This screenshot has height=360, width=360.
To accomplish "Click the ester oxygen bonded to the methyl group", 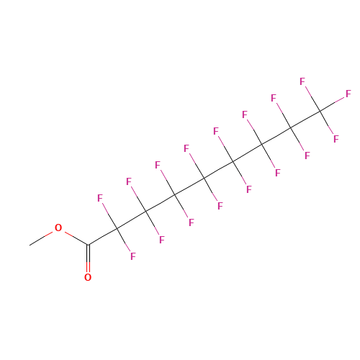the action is (x=58, y=228).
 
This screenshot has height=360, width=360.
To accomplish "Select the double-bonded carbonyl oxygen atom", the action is (x=88, y=277).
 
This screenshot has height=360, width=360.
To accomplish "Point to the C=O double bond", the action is (x=88, y=258).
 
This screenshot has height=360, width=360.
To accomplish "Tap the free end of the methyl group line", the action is (x=30, y=245).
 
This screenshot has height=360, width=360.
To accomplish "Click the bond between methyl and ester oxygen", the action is (x=41, y=238).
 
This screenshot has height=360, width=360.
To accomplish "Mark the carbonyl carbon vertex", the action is (x=88, y=245).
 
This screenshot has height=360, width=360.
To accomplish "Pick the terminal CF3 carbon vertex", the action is (x=320, y=111).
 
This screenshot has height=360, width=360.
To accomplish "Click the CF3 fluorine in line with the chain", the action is (x=348, y=94).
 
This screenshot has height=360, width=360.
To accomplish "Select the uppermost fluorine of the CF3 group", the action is (x=302, y=81).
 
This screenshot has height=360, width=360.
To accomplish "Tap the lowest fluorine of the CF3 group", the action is (x=336, y=139).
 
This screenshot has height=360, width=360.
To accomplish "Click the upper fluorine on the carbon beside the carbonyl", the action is (x=100, y=198).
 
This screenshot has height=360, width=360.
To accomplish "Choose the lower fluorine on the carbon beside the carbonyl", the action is (x=133, y=256).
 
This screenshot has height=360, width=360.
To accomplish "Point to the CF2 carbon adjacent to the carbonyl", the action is (x=117, y=228).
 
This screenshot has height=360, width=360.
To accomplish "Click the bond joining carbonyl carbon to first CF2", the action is (x=102, y=237).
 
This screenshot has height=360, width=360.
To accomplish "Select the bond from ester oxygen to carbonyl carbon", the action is (x=76, y=238).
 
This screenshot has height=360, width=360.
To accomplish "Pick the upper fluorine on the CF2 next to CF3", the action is (x=274, y=98).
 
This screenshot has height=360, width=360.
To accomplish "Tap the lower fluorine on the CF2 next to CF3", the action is (x=307, y=156).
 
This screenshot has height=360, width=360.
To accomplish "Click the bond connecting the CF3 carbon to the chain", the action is (x=305, y=120).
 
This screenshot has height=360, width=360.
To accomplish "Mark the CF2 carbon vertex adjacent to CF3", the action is (x=291, y=128).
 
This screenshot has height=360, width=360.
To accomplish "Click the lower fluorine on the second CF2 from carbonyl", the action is (x=162, y=240).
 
